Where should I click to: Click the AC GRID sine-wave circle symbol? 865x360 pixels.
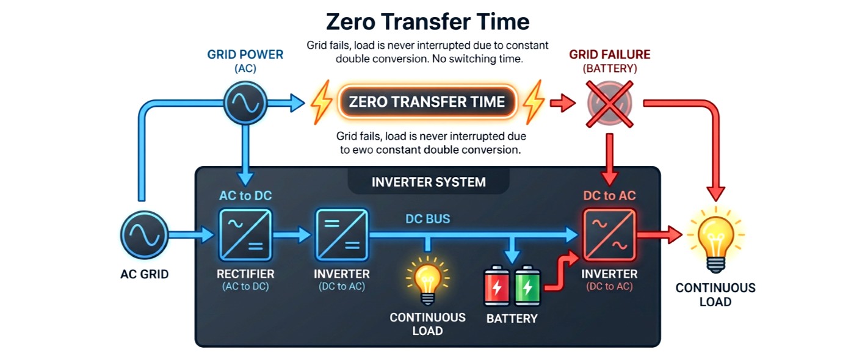[x=144, y=234]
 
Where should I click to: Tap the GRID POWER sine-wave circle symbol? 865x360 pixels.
[x=245, y=103]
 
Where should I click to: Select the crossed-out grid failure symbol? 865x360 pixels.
[x=609, y=103]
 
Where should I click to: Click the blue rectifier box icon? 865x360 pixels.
[x=245, y=235]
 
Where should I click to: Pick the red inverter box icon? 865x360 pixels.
[x=609, y=235]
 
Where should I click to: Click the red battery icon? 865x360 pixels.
[x=497, y=286]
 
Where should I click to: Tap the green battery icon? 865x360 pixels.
[x=527, y=286]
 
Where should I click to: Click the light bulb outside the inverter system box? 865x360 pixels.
[x=715, y=239]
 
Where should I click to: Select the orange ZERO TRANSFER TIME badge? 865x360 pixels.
[x=427, y=102]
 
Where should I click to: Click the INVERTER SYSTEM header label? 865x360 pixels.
[x=429, y=182]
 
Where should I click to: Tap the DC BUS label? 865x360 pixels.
[x=427, y=219]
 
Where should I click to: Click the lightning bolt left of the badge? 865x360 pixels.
[x=322, y=102]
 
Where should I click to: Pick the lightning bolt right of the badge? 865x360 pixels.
[x=534, y=102]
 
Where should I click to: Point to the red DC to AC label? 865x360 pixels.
[x=609, y=196]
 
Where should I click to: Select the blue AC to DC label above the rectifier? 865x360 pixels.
[x=245, y=196]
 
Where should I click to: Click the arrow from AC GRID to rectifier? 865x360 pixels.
[x=191, y=234]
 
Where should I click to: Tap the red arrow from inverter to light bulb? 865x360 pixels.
[x=659, y=234]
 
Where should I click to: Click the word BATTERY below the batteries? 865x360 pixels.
[x=512, y=319]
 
